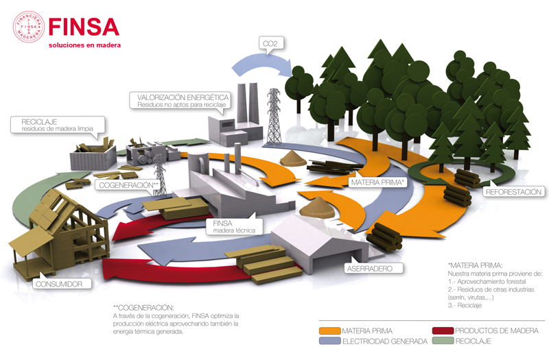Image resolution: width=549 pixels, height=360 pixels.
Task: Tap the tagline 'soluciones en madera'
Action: pos(84,45)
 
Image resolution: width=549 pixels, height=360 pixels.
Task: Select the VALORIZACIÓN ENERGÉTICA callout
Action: pos(180,101)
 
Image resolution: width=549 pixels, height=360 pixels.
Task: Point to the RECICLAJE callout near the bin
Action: pos(56,124)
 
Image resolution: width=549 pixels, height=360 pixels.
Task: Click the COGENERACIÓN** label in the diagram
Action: pos(130,185)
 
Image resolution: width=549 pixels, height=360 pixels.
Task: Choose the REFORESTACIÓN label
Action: pos(514,192)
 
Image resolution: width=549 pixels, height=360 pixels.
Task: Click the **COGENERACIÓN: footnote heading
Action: pos(143,307)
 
